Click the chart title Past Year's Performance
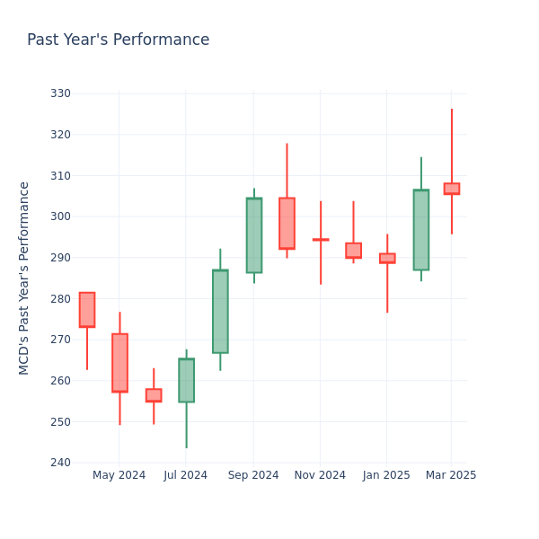(x=118, y=40)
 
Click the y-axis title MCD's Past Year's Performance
(x=24, y=278)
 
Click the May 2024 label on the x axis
(x=119, y=475)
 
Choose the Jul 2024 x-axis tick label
(x=186, y=475)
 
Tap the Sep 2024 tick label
(x=253, y=475)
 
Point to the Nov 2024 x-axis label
(x=320, y=475)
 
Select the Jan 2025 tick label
(x=386, y=475)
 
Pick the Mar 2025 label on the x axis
(x=451, y=475)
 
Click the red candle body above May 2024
(x=119, y=363)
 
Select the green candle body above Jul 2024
(x=186, y=380)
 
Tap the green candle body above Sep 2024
(x=254, y=235)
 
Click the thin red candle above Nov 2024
(x=321, y=240)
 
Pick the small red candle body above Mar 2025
(x=451, y=189)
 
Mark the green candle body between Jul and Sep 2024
(x=220, y=311)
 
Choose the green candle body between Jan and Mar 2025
(x=420, y=230)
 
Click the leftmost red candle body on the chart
(x=86, y=310)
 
